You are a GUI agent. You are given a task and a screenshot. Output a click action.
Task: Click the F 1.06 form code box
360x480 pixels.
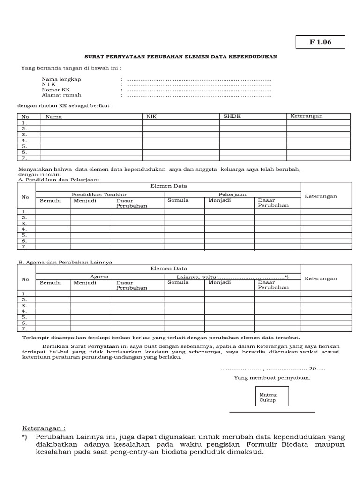tap(320, 42)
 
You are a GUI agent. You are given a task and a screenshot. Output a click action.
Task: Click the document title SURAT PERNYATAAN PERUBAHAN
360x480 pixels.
tap(180, 56)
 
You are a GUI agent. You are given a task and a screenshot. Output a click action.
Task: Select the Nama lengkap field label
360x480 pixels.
tap(61, 79)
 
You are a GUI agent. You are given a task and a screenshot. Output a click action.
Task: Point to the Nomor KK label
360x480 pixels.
tap(56, 90)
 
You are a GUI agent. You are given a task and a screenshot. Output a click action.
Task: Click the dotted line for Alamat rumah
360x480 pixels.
tap(199, 95)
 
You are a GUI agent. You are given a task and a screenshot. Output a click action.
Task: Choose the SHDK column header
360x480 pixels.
tap(232, 116)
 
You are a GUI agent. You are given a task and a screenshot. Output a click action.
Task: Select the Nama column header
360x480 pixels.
tap(54, 116)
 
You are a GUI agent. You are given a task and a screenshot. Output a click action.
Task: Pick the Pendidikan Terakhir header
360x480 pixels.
tap(99, 194)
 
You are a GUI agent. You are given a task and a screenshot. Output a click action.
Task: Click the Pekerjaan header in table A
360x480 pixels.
tap(232, 194)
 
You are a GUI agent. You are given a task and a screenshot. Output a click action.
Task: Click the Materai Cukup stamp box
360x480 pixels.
tap(271, 396)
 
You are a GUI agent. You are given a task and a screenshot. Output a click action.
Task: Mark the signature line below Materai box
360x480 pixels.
tap(272, 412)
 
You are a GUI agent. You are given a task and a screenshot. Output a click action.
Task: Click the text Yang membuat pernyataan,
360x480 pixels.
tap(272, 378)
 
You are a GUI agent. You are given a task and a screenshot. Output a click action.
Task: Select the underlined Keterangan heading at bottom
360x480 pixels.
tap(44, 428)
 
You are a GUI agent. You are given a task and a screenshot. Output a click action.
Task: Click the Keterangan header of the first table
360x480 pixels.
tap(307, 116)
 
